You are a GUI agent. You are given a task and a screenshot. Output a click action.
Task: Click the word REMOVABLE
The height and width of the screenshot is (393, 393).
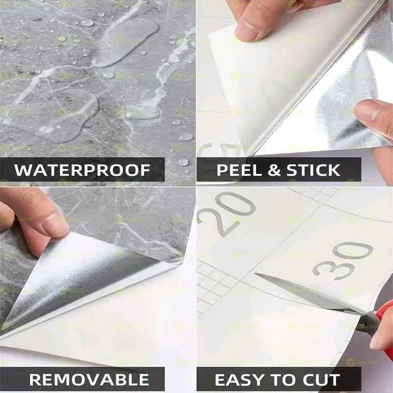[x=89, y=380]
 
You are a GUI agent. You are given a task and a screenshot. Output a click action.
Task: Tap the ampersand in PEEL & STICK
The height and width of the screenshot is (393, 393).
[x=274, y=170]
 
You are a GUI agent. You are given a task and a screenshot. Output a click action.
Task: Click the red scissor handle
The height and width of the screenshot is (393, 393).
[x=383, y=320]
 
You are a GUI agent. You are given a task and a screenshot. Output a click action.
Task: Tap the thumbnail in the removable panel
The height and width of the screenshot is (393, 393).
[x=56, y=224]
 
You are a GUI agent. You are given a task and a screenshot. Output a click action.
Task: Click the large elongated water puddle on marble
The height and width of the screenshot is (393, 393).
[x=126, y=43]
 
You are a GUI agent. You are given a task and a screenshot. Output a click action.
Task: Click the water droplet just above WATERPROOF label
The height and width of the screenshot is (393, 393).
[x=182, y=162]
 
